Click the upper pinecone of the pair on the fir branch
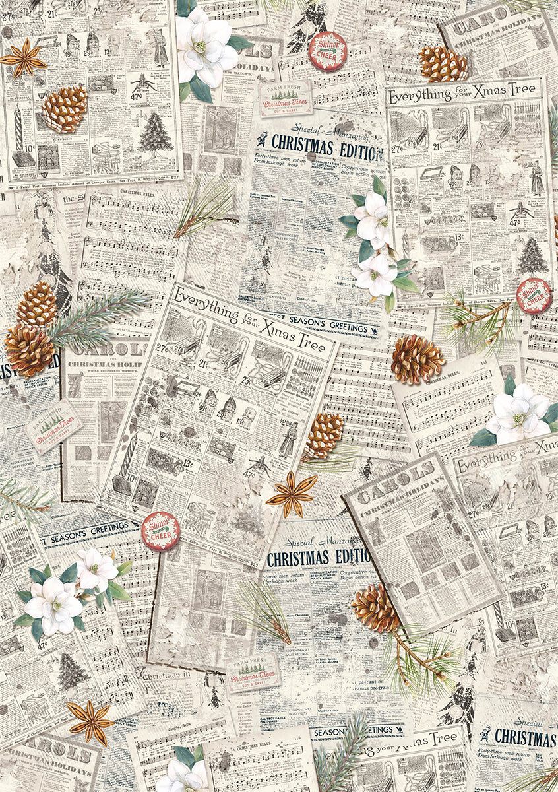coord(37,304)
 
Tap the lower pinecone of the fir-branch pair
coord(29,350)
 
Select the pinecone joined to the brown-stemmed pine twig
coord(375,608)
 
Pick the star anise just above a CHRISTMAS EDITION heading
coord(291,494)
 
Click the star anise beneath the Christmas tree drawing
coord(90,722)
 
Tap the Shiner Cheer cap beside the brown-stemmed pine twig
coord(534,296)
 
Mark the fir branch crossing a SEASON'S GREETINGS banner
coord(343,752)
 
